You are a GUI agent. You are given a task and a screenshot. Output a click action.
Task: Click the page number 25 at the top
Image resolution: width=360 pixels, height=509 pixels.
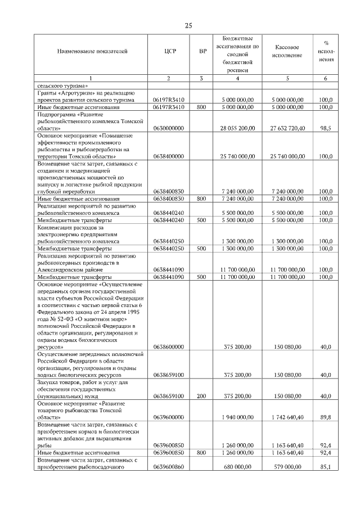[188, 25]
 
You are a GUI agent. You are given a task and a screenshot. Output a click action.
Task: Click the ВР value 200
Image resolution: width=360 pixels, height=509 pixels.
[202, 396]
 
